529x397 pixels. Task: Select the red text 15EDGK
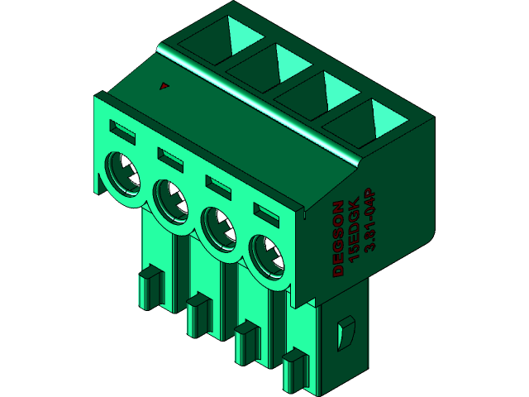click(354, 231)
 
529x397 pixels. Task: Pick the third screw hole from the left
click(221, 227)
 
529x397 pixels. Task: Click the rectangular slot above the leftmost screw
click(122, 129)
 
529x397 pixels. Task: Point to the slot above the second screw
click(170, 155)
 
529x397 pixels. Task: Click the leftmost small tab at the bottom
click(149, 287)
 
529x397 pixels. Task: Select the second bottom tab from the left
click(198, 315)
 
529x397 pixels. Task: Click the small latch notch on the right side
click(345, 332)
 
